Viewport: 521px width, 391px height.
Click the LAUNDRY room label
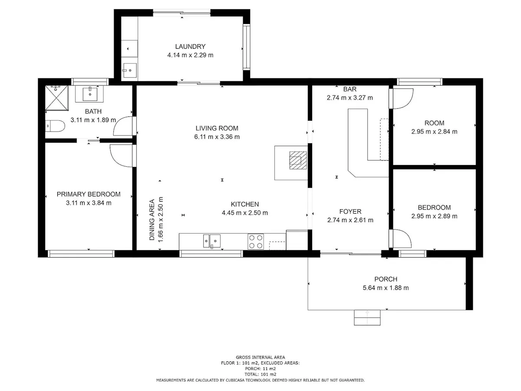[x=190, y=46]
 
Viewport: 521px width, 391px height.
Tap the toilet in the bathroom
[x=55, y=126]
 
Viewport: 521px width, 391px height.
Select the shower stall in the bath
[x=56, y=98]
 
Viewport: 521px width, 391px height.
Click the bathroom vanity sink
[x=90, y=94]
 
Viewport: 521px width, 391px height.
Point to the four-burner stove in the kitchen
[x=255, y=242]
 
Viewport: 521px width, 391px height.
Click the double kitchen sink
[x=212, y=241]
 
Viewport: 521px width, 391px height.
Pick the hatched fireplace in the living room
[x=298, y=160]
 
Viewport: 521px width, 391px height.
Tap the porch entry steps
[x=367, y=318]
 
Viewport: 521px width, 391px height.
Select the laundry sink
[x=129, y=70]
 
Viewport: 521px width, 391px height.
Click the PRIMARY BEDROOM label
[x=89, y=194]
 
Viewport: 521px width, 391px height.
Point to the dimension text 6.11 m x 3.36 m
[x=217, y=137]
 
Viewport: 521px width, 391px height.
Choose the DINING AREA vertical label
[x=152, y=219]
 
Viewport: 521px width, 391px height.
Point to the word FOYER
[x=350, y=212]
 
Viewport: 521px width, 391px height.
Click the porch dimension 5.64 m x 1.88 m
[x=386, y=288]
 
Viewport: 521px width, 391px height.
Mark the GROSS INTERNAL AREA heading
[x=260, y=357]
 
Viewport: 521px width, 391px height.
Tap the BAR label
[x=350, y=89]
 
